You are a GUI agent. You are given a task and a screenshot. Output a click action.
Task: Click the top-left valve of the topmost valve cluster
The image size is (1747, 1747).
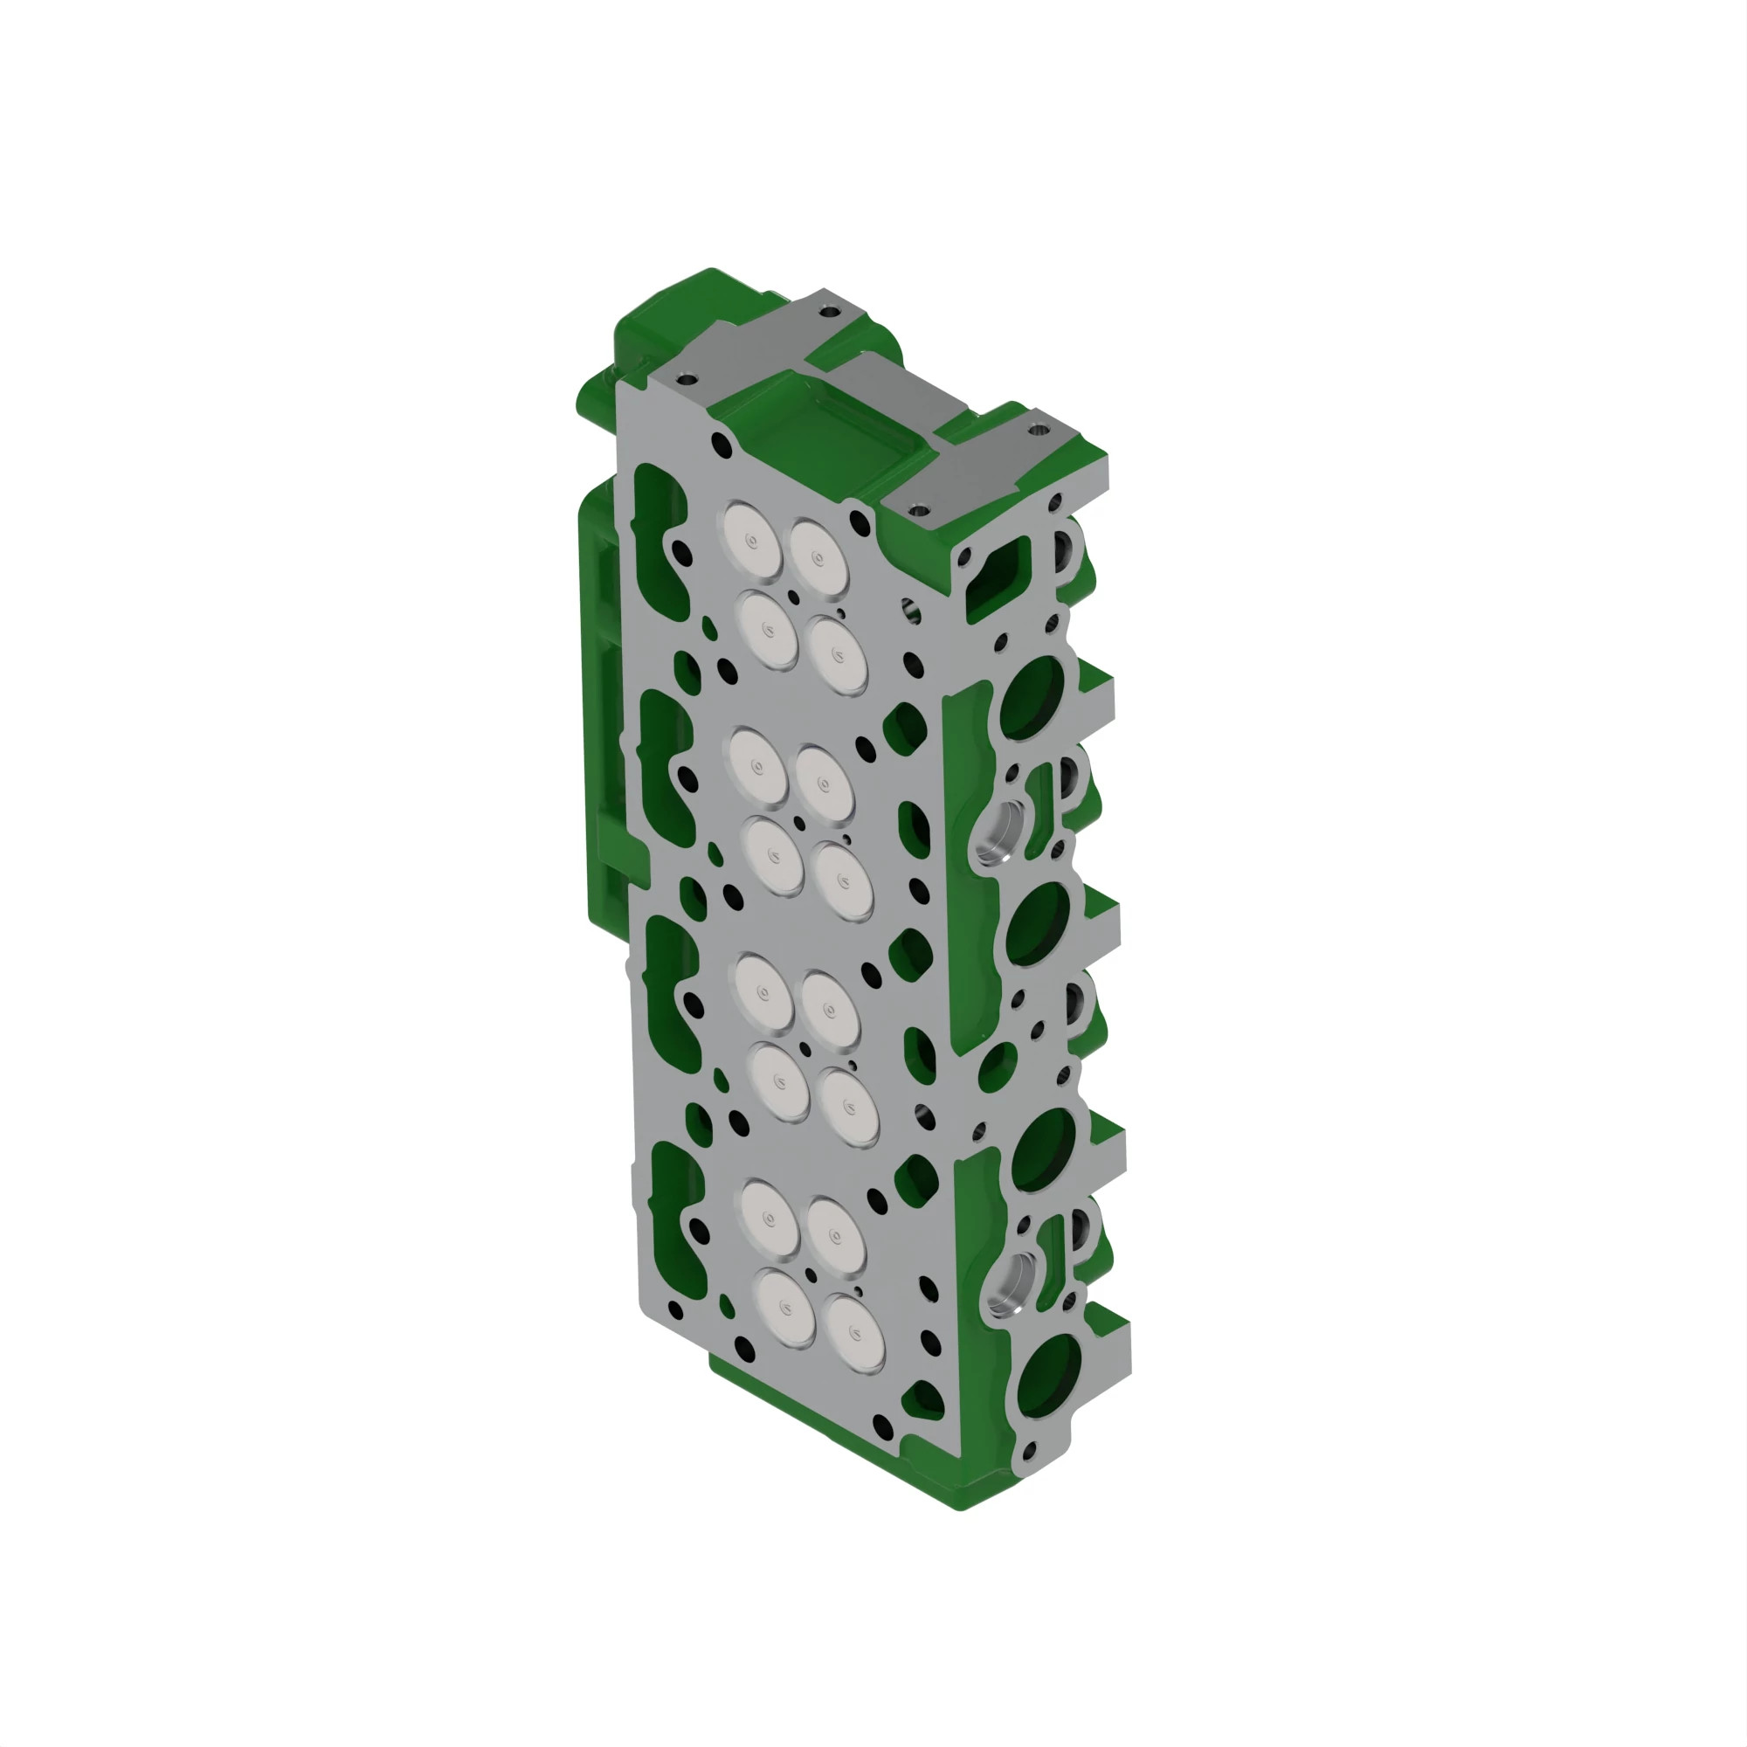click(x=752, y=540)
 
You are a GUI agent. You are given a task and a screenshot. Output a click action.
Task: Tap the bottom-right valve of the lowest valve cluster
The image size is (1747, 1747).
click(x=854, y=1336)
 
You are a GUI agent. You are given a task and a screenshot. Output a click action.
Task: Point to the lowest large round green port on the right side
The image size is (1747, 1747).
click(x=1050, y=1376)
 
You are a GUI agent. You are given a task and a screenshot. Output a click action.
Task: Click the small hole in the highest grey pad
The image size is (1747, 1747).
click(x=825, y=312)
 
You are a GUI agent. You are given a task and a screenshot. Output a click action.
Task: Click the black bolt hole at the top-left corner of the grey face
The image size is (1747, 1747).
click(x=722, y=444)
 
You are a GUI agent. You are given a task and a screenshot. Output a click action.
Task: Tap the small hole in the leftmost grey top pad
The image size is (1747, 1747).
click(x=684, y=378)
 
